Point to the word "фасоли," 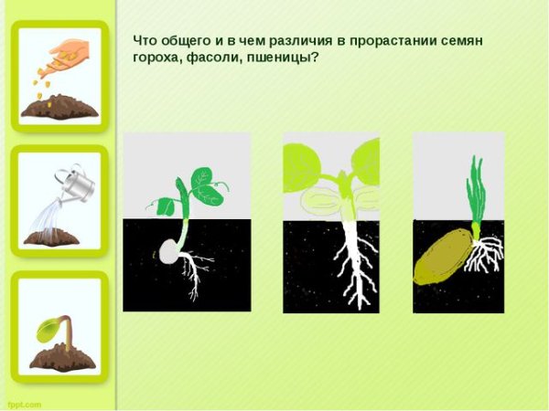pyautogui.click(x=214, y=57)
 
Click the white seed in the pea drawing pyautogui.click(x=167, y=252)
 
